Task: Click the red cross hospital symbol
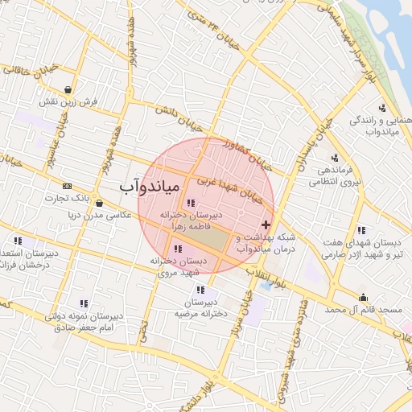tap(266, 223)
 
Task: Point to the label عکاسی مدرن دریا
tap(83, 215)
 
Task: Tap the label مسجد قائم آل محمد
tap(363, 310)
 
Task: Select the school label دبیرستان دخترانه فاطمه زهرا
tap(192, 221)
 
